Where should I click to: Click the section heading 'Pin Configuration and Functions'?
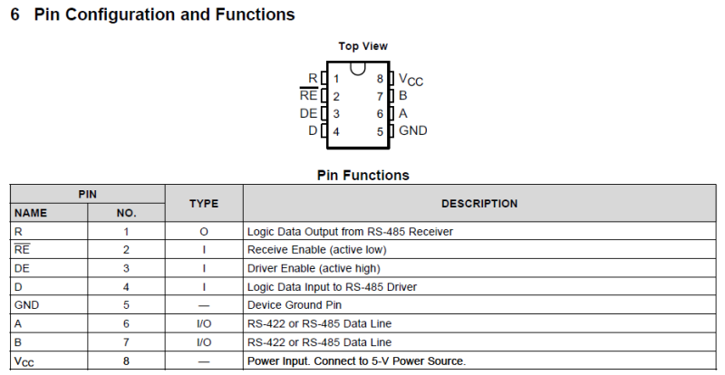163,15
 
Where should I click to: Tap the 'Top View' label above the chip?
362,46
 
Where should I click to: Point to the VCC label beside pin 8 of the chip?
411,80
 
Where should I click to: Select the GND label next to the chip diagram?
413,130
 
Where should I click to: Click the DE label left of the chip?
308,113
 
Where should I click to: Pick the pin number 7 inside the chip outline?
381,96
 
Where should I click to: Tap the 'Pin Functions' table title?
362,175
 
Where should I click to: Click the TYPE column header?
204,204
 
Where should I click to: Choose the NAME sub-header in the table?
31,213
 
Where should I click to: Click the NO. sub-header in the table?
126,213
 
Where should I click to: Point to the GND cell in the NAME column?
27,304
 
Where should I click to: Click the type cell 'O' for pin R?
204,232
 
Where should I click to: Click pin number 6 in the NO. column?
126,323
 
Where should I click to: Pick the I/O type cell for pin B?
204,342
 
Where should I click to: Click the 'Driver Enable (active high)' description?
314,268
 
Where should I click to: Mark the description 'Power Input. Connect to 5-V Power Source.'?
356,361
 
